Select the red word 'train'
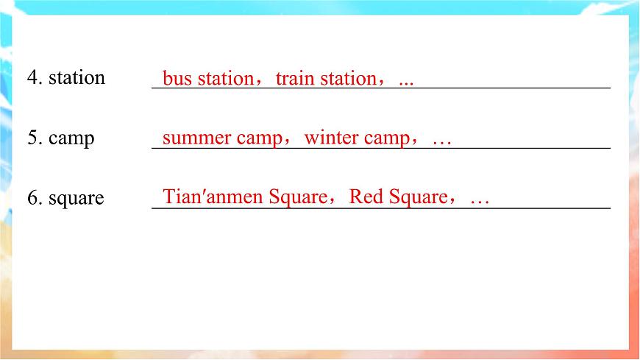296,79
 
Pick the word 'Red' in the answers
365,197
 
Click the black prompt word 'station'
77,78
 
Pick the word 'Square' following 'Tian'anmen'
297,198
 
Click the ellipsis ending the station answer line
405,82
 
